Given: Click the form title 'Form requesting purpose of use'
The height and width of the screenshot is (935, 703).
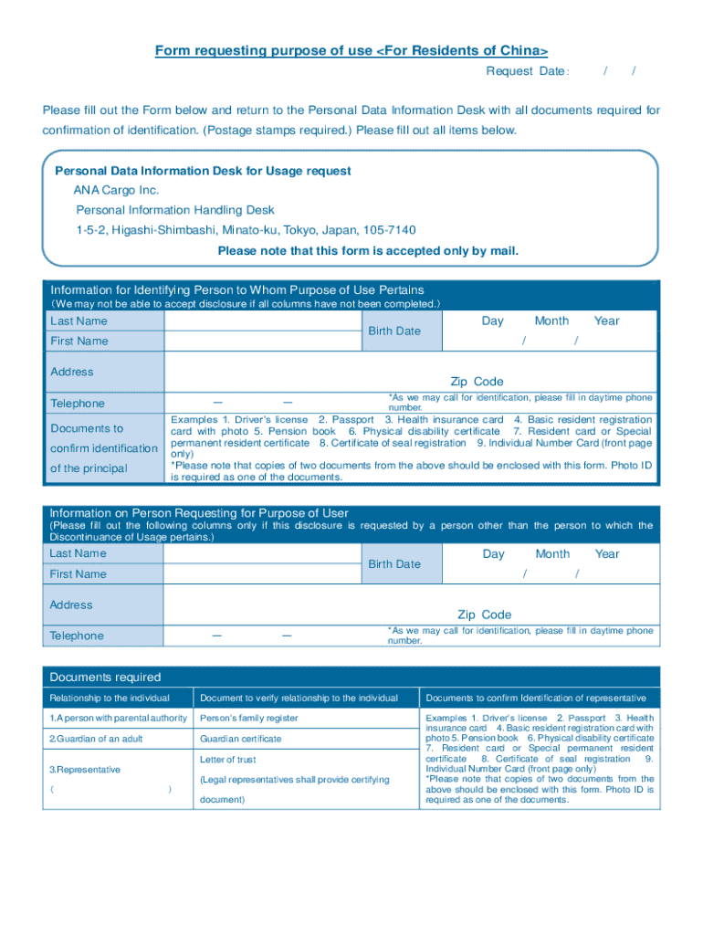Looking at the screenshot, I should click(351, 50).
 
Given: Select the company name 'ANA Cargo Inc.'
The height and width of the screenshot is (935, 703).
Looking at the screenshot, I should click(116, 190).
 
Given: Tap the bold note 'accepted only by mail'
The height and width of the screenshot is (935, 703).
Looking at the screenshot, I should click(368, 250).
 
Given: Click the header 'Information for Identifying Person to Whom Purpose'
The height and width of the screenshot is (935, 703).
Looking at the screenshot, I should click(237, 289).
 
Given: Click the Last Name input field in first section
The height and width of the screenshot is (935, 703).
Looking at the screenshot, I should click(263, 321).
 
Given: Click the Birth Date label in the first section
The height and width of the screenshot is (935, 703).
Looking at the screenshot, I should click(393, 331).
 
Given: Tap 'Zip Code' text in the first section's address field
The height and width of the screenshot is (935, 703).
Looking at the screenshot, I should click(477, 382).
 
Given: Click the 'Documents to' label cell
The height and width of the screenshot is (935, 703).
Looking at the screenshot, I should click(87, 428).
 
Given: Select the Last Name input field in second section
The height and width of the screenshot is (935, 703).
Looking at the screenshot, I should click(263, 554).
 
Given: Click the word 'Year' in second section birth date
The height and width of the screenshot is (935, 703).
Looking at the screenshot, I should click(606, 554).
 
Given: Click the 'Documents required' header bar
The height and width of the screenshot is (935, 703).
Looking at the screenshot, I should click(105, 677).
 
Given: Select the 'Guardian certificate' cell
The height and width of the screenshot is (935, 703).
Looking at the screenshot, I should click(241, 739).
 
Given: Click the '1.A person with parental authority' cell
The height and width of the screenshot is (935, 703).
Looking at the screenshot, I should click(119, 719).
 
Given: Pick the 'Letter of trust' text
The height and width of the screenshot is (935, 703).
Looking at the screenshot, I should click(228, 760).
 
